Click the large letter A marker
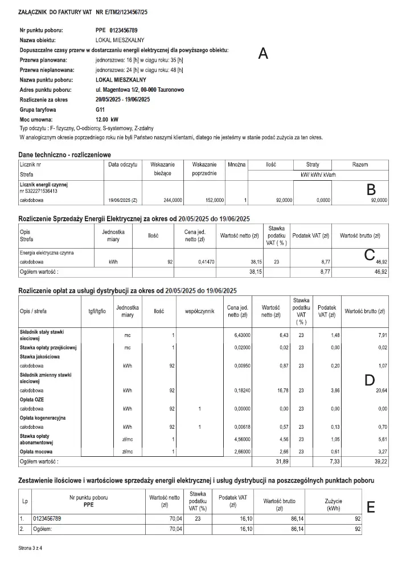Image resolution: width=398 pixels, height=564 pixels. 262,54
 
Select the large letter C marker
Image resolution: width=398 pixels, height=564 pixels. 369,254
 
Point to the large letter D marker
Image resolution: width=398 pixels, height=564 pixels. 370,380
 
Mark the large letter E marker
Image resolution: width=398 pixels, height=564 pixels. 371,507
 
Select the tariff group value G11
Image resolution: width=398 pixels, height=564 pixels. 101,109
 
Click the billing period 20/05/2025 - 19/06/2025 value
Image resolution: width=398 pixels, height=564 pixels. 122,99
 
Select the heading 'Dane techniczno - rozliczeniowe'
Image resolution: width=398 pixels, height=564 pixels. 65,155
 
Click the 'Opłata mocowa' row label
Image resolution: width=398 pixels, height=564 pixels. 36,450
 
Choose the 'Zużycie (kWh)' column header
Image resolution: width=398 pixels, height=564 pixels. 334,504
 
